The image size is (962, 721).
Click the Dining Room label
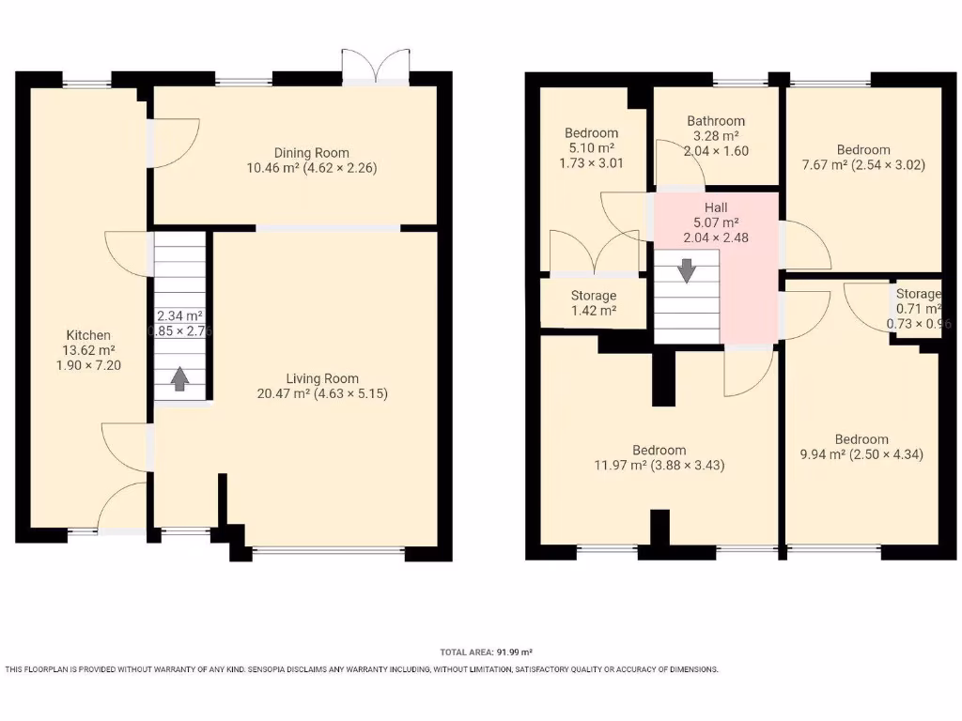pos(311,153)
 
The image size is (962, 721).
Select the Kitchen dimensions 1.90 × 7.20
pos(88,365)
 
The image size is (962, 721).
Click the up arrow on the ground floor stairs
pos(178,378)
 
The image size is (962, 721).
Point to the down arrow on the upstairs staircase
pos(688,270)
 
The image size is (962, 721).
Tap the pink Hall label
pos(716,207)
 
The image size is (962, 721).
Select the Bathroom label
pos(716,121)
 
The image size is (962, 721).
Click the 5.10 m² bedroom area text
pos(591,147)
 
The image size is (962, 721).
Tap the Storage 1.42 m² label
pos(594,302)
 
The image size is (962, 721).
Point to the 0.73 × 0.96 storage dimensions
pos(919,324)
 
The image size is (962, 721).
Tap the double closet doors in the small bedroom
pos(594,253)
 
